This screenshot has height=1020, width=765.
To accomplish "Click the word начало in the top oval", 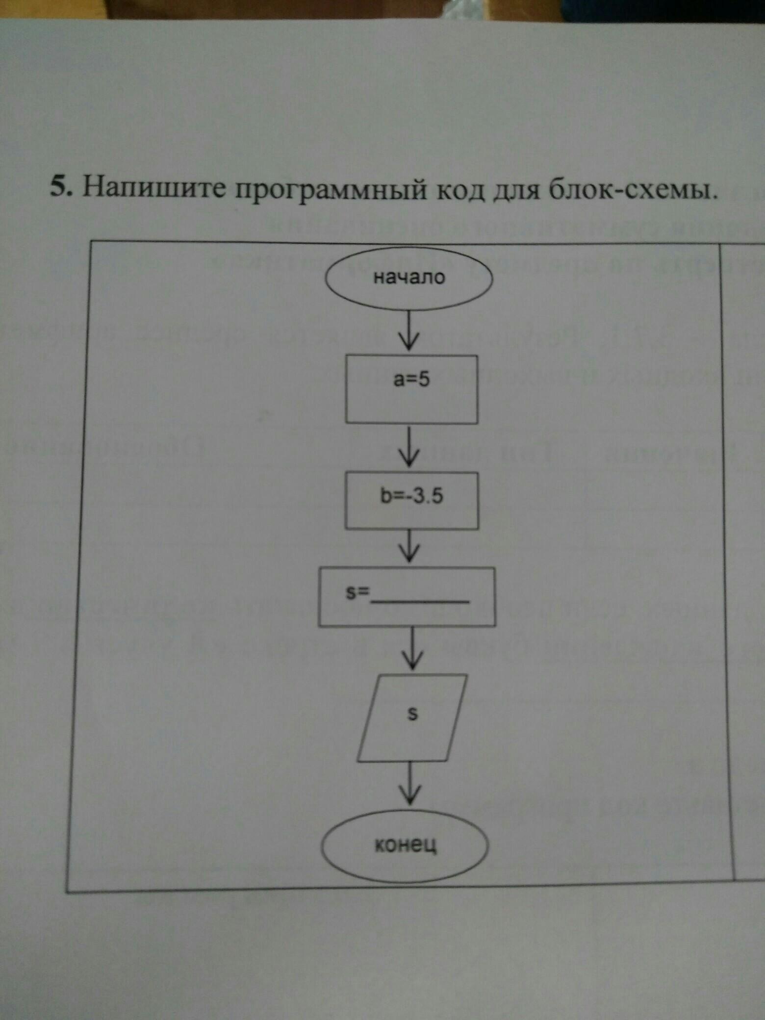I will [x=409, y=278].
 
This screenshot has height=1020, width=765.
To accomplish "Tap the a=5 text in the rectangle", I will [x=411, y=379].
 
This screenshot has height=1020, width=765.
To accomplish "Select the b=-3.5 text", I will [x=411, y=496].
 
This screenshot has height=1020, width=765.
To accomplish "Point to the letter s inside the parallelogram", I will [x=413, y=714].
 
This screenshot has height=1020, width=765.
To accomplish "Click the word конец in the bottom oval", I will [x=406, y=844].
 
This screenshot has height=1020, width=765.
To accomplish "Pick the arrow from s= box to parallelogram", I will [x=413, y=649].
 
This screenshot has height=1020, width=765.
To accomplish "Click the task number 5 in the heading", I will [x=59, y=187].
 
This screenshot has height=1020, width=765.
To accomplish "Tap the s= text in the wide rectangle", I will [x=357, y=593].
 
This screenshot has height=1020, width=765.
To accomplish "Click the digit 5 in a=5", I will [x=424, y=379].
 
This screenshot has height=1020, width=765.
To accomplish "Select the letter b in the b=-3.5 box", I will [x=384, y=496].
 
